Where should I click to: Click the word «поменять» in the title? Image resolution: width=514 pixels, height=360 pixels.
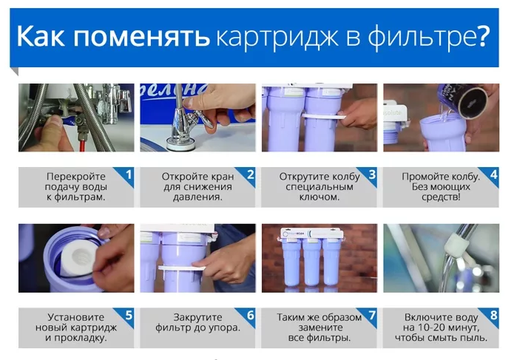pyautogui.click(x=141, y=36)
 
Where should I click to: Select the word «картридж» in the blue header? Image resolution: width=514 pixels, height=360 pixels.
pyautogui.click(x=277, y=38)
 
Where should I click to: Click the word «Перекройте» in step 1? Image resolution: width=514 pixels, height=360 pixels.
pyautogui.click(x=76, y=177)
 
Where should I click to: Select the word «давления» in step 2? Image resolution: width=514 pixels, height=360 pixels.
pyautogui.click(x=197, y=198)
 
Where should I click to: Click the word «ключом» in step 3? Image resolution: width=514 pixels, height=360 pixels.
pyautogui.click(x=319, y=197)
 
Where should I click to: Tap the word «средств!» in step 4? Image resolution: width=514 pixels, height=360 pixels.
pyautogui.click(x=441, y=197)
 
